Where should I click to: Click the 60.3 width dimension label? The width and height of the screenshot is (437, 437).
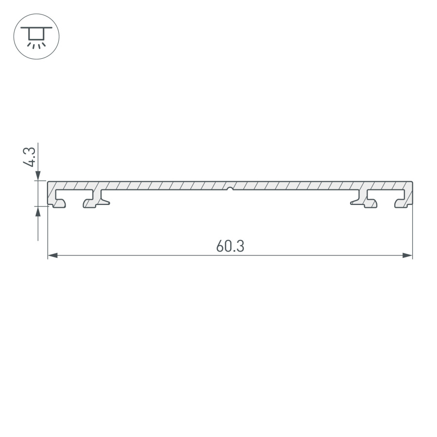(x=230, y=246)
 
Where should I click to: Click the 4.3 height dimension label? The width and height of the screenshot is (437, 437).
(x=30, y=156)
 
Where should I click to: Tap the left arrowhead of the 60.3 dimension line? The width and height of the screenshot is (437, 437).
(x=52, y=255)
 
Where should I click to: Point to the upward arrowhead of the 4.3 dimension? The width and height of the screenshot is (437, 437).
(x=38, y=210)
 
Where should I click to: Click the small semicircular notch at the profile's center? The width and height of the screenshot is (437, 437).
(x=230, y=188)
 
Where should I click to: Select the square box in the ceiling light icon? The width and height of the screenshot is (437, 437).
(x=36, y=34)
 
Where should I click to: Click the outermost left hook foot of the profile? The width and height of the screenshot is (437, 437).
(x=58, y=205)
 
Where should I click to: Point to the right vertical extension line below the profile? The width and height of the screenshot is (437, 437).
(x=412, y=233)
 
